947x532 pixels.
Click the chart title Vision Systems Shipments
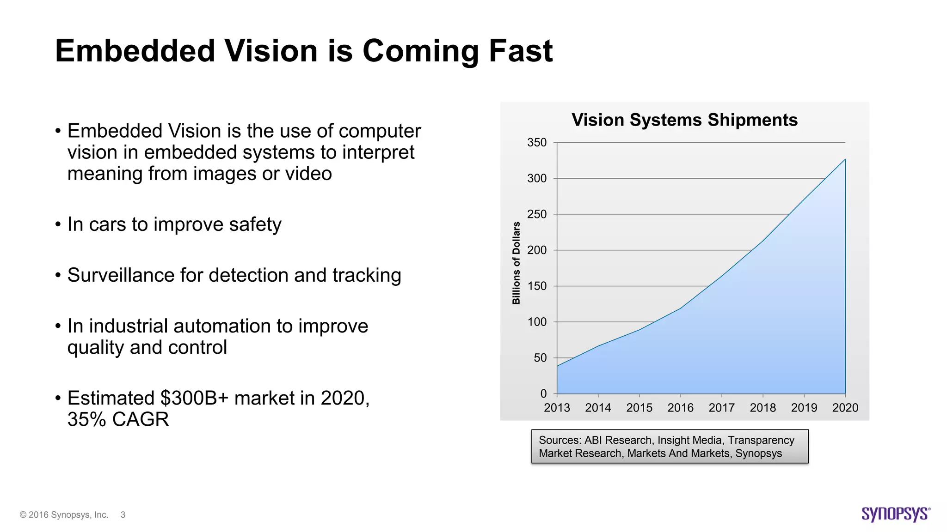[x=684, y=120]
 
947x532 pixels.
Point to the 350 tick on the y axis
[x=537, y=143]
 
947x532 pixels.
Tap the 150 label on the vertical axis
[x=537, y=286]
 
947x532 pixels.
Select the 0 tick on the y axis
[x=543, y=394]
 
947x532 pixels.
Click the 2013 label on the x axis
[x=557, y=408]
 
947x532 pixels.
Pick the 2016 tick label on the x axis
[x=680, y=408]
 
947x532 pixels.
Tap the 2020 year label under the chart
[x=845, y=408]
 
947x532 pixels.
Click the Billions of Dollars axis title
[x=516, y=263]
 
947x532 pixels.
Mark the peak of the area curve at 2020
[x=845, y=159]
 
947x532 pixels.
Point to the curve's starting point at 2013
[x=557, y=366]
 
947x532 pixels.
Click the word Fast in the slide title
[x=521, y=51]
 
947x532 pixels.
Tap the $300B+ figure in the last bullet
[x=194, y=398]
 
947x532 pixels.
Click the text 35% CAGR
[x=118, y=419]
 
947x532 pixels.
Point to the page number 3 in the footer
[x=123, y=515]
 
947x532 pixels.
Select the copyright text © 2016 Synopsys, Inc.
[x=64, y=515]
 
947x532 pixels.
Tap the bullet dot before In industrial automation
[x=58, y=326]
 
